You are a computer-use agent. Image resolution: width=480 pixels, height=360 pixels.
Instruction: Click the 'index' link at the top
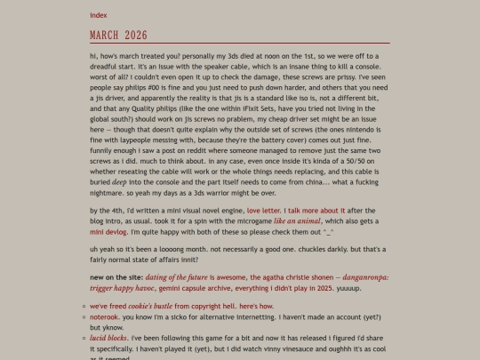pyautogui.click(x=98, y=15)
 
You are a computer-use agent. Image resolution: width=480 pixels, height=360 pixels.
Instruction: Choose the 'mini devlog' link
pyautogui.click(x=108, y=230)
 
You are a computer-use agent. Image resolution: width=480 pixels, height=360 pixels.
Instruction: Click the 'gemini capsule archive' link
pyautogui.click(x=191, y=288)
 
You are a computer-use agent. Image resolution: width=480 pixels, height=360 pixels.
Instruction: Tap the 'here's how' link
pyautogui.click(x=255, y=306)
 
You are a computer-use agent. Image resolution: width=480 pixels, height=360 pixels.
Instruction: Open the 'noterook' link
pyautogui.click(x=104, y=316)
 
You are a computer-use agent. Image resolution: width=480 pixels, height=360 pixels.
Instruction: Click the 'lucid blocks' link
pyautogui.click(x=108, y=338)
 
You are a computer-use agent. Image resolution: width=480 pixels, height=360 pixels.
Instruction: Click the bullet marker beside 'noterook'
pyautogui.click(x=82, y=316)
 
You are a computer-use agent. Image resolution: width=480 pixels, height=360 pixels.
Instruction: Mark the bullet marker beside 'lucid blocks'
pyautogui.click(x=82, y=338)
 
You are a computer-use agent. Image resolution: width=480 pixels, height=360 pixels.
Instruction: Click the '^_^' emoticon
pyautogui.click(x=325, y=230)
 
